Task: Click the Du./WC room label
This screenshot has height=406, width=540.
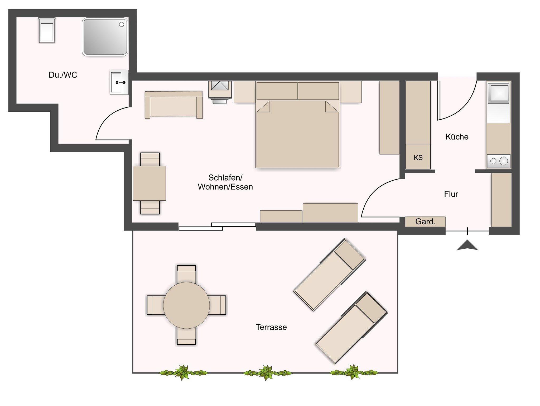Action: pyautogui.click(x=63, y=75)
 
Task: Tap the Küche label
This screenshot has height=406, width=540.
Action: pyautogui.click(x=457, y=137)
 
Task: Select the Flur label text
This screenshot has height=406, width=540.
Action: pyautogui.click(x=451, y=194)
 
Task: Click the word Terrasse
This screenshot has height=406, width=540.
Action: pyautogui.click(x=271, y=327)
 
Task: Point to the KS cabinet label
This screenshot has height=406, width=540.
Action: pyautogui.click(x=418, y=158)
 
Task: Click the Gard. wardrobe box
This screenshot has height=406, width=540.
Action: pyautogui.click(x=425, y=222)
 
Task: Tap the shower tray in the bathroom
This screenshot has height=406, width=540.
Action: pyautogui.click(x=105, y=37)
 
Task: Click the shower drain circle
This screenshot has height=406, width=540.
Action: pyautogui.click(x=122, y=25)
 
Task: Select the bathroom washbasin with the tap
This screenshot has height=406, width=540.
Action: pyautogui.click(x=119, y=82)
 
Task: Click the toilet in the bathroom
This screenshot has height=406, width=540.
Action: pyautogui.click(x=47, y=30)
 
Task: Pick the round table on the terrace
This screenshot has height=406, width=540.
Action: pyautogui.click(x=186, y=305)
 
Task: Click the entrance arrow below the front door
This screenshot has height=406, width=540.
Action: pyautogui.click(x=467, y=245)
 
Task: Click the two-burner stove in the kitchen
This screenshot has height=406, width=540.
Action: pyautogui.click(x=498, y=161)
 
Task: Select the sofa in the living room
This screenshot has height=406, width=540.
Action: pyautogui.click(x=174, y=105)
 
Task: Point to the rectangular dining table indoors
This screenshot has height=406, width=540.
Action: pyautogui.click(x=150, y=183)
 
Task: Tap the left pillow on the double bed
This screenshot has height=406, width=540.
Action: pyautogui.click(x=277, y=91)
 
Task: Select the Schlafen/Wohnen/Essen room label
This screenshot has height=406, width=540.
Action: pyautogui.click(x=225, y=182)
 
